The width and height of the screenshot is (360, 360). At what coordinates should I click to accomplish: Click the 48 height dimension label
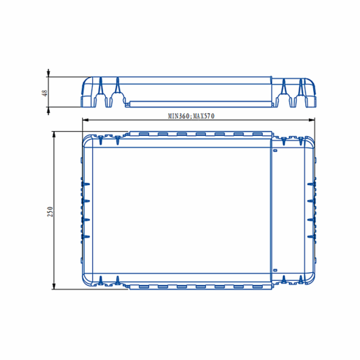tap(45, 93)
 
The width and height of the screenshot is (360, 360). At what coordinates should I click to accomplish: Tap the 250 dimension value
tap(50, 212)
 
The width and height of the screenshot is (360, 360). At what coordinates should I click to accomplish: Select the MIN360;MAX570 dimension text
tap(192, 116)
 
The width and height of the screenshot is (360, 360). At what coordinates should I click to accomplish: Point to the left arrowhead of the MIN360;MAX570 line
tap(85, 120)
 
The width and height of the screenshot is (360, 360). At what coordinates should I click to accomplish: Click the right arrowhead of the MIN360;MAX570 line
tap(312, 120)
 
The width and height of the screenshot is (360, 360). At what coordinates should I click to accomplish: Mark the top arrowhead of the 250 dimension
tap(54, 135)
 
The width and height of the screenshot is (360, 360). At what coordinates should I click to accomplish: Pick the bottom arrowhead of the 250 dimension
tap(54, 286)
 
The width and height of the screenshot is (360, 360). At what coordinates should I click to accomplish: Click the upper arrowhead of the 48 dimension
tap(48, 73)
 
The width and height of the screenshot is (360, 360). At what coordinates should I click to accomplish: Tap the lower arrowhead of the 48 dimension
tap(48, 111)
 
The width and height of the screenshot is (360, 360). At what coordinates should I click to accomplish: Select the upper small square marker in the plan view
tap(275, 150)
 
